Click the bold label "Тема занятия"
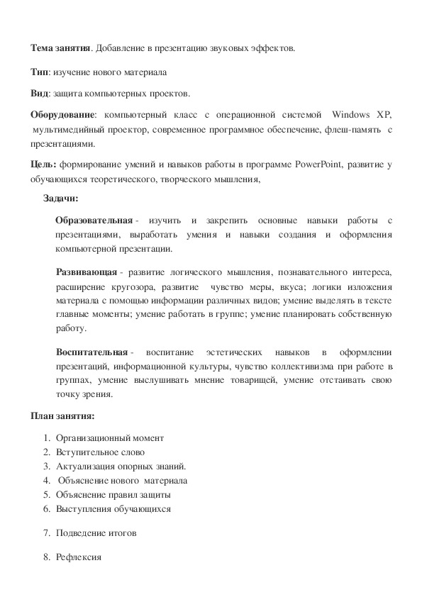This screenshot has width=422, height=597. [60, 48]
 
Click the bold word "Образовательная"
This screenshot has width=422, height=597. [94, 221]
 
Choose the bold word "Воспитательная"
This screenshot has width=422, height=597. [91, 352]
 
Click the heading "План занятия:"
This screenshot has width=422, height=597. [62, 415]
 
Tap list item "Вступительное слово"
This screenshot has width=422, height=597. [101, 452]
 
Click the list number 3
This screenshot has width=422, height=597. [46, 466]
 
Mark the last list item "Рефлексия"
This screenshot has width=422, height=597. [79, 557]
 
